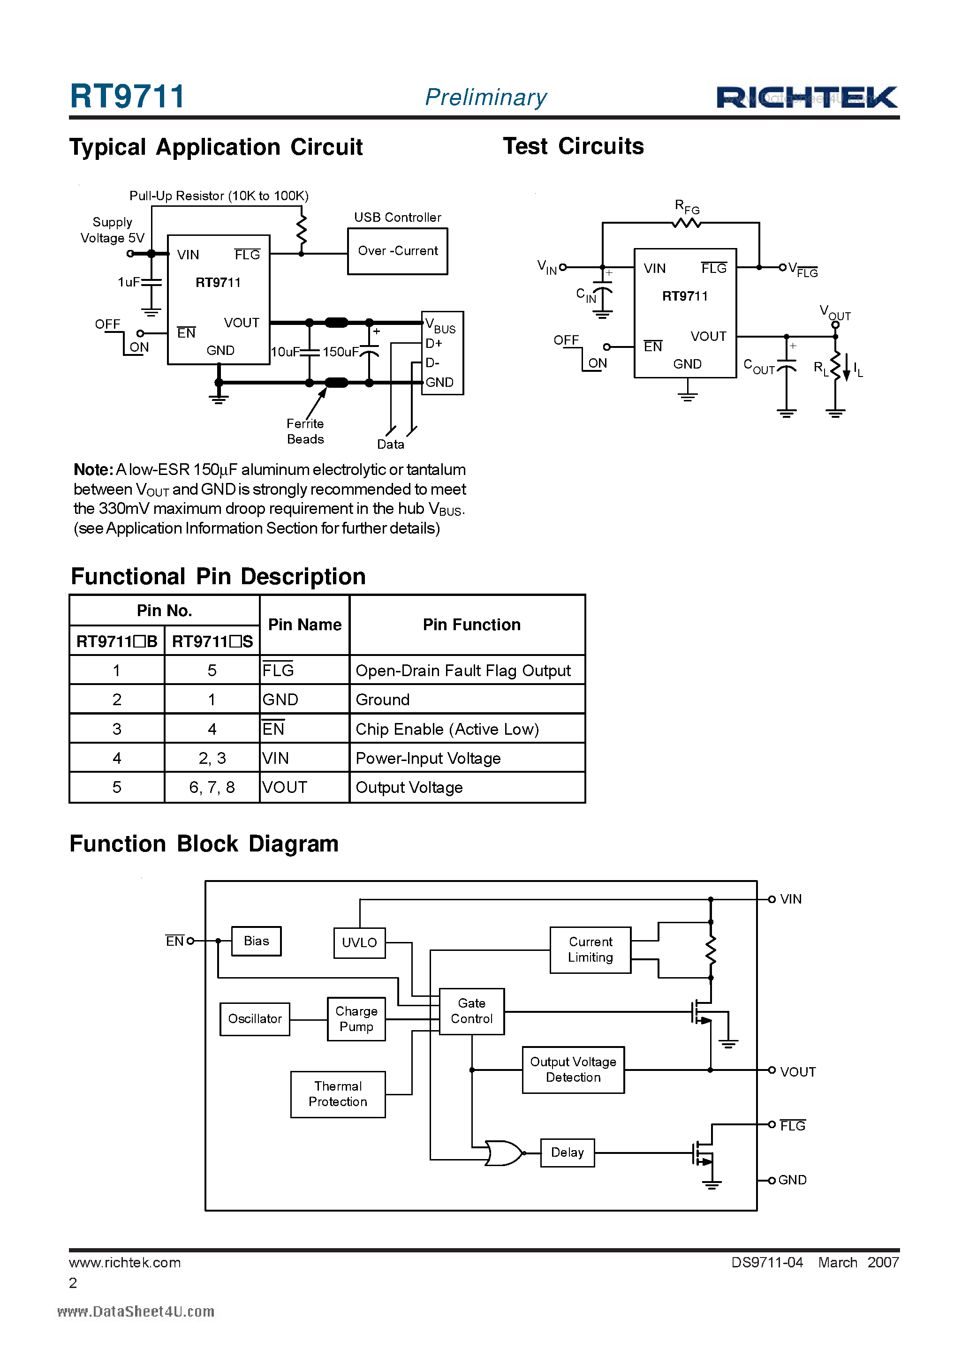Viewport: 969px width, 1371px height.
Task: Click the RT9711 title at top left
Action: point(127,96)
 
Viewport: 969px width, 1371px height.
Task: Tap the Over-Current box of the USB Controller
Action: point(397,251)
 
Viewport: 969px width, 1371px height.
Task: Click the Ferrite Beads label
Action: point(305,431)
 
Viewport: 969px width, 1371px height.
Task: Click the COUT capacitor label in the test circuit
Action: point(759,367)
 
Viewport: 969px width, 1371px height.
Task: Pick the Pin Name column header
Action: point(305,625)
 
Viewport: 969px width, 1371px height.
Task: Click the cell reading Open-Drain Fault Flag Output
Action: point(463,670)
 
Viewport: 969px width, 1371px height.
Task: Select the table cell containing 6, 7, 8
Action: point(212,788)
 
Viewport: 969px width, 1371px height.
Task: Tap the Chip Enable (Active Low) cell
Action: point(447,729)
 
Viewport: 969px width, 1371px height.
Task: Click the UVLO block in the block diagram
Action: point(359,942)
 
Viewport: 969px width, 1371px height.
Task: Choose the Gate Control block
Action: point(471,1011)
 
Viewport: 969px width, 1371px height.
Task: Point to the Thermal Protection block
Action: point(338,1094)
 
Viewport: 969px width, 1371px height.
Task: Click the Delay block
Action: point(567,1153)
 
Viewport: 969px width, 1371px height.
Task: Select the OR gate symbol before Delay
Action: point(504,1153)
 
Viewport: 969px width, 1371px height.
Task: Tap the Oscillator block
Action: point(255,1019)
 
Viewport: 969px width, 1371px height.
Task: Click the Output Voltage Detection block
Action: point(573,1070)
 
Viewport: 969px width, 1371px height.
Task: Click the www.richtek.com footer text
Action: point(125,1262)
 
